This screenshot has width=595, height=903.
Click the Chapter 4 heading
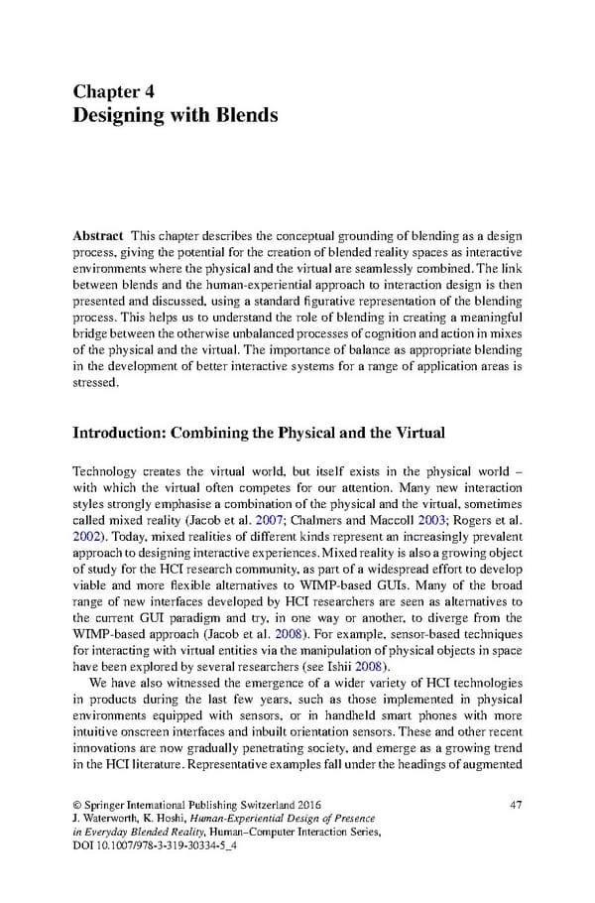(113, 91)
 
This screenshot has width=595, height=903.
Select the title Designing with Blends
(176, 116)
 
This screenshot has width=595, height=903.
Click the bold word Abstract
(97, 236)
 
